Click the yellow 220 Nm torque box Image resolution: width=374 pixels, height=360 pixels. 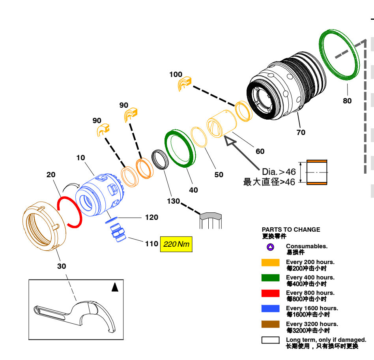(176, 244)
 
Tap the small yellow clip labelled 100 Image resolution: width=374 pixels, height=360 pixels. (184, 84)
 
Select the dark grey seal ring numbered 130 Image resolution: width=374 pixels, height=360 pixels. (160, 159)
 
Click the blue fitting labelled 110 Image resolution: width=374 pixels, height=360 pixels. (116, 234)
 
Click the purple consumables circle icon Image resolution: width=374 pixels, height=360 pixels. (270, 247)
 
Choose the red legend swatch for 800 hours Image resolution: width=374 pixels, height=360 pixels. (270, 293)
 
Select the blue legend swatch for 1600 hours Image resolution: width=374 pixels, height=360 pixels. (270, 309)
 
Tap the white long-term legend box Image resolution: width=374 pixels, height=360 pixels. (270, 340)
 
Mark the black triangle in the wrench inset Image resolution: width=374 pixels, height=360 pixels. (115, 287)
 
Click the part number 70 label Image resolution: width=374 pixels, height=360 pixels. (301, 133)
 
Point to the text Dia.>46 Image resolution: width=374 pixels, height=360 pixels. (279, 172)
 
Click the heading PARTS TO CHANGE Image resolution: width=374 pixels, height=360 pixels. (291, 229)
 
